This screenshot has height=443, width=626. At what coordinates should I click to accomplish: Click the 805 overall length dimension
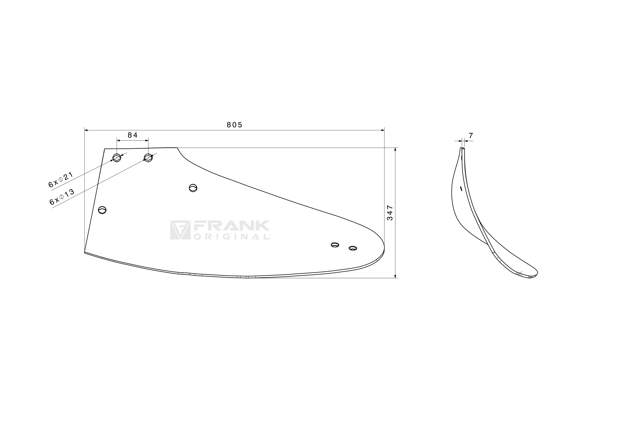coord(234,125)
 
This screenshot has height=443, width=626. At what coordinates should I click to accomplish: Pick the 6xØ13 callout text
coord(62,197)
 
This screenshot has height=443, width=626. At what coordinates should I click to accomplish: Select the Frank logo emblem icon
coord(180,230)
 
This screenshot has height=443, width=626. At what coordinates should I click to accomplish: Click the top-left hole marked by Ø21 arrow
coord(117,158)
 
